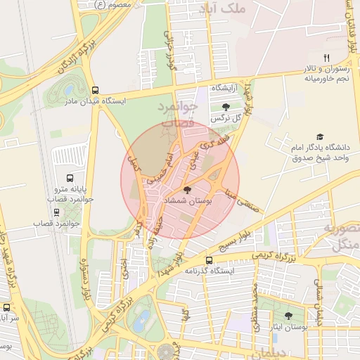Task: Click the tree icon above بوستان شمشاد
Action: point(186,190)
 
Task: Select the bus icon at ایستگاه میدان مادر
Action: point(94,90)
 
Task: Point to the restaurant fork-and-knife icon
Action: point(326,57)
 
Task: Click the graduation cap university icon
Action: point(320,137)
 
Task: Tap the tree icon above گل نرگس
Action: point(225,107)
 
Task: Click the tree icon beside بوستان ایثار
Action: point(289,316)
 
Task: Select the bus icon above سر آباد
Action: point(7,307)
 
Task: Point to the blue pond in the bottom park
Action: point(143,321)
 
